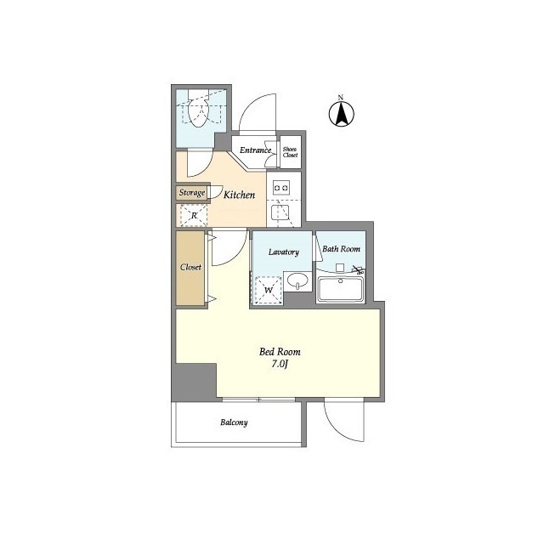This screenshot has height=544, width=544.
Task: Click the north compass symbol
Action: [342, 114]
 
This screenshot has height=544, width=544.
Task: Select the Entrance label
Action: [255, 150]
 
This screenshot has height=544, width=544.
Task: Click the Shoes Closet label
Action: [290, 152]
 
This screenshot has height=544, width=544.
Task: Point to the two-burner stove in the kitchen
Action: [280, 188]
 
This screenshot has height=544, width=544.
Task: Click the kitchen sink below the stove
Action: [280, 212]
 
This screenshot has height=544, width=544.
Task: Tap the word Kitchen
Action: [239, 195]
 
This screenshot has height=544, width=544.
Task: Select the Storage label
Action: [192, 192]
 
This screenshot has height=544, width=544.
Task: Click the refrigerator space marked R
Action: [194, 215]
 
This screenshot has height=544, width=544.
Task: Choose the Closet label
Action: [190, 267]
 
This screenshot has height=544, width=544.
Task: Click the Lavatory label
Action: [283, 252]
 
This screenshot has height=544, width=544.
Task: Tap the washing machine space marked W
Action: [269, 290]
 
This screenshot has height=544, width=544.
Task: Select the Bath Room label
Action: [341, 249]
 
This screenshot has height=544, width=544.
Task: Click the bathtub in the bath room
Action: [340, 289]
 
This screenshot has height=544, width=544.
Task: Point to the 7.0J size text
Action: [280, 364]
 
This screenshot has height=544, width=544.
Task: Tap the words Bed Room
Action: [280, 352]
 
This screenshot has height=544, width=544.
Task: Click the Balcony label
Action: [234, 422]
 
